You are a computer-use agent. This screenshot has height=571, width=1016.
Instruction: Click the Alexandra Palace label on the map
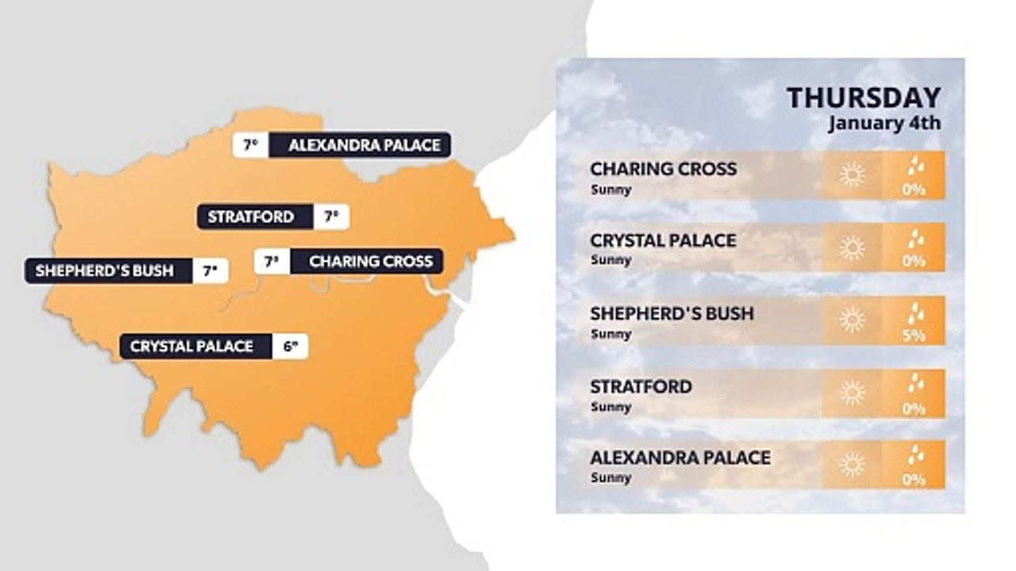tap(364, 145)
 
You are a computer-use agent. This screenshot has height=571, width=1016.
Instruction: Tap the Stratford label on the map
tap(251, 217)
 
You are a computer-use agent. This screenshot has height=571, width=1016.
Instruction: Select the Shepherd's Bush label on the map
tap(104, 270)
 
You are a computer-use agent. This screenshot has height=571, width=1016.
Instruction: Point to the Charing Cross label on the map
tap(371, 261)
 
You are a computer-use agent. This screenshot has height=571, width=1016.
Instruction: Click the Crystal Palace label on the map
tap(191, 347)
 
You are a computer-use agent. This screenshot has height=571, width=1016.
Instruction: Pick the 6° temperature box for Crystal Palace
tap(291, 347)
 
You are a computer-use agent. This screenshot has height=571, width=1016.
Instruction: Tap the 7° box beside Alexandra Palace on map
tap(250, 145)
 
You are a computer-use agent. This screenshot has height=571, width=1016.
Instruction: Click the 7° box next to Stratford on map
tap(331, 217)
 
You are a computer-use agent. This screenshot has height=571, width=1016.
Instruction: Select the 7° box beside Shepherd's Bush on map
tap(210, 270)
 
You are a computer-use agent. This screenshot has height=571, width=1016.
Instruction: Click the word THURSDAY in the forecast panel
tap(864, 98)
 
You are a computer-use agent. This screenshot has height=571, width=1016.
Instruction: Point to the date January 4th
tap(884, 123)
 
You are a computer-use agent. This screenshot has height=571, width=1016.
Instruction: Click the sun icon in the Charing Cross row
tap(852, 174)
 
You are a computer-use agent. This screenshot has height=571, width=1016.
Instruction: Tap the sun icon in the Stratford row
tap(852, 393)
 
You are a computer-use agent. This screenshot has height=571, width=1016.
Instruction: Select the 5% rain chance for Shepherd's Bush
tap(914, 335)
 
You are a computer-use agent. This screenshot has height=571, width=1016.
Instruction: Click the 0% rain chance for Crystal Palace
tap(914, 261)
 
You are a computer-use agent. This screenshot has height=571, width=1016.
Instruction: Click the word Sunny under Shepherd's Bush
tap(611, 334)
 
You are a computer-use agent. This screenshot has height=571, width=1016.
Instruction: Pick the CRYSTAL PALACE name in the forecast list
tap(663, 240)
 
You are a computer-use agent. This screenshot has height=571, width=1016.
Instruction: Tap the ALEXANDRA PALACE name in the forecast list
tap(679, 458)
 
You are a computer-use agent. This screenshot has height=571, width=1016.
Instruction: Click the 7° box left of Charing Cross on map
tap(271, 261)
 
